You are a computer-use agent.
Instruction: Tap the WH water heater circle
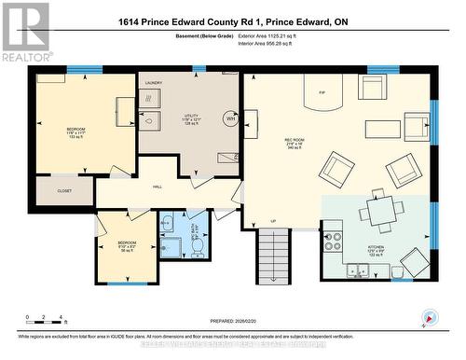point(229,118)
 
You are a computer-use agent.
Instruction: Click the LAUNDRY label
point(153,83)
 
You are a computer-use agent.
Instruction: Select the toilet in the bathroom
point(198,245)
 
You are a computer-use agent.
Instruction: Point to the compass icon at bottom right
point(429,318)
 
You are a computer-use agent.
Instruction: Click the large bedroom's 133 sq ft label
point(75,136)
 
